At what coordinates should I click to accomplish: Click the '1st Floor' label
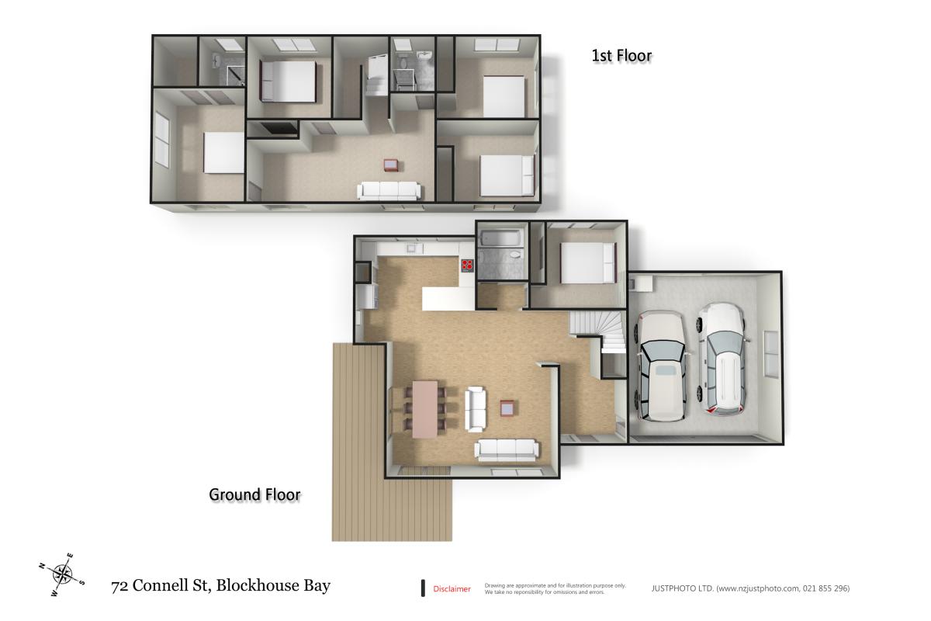[x=621, y=55]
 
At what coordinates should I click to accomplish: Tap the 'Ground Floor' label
[x=254, y=494]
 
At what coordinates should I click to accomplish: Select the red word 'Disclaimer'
[x=452, y=589]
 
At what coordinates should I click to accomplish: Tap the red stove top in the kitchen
[x=468, y=265]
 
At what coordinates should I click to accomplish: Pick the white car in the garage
[x=721, y=357]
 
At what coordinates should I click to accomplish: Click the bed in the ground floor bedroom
[x=587, y=262]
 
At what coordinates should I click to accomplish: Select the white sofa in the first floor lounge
[x=389, y=190]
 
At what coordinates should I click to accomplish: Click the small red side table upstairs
[x=391, y=165]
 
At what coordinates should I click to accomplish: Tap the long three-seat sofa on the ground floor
[x=507, y=449]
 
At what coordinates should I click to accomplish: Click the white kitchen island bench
[x=448, y=298]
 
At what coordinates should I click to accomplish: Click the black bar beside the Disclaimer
[x=423, y=588]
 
